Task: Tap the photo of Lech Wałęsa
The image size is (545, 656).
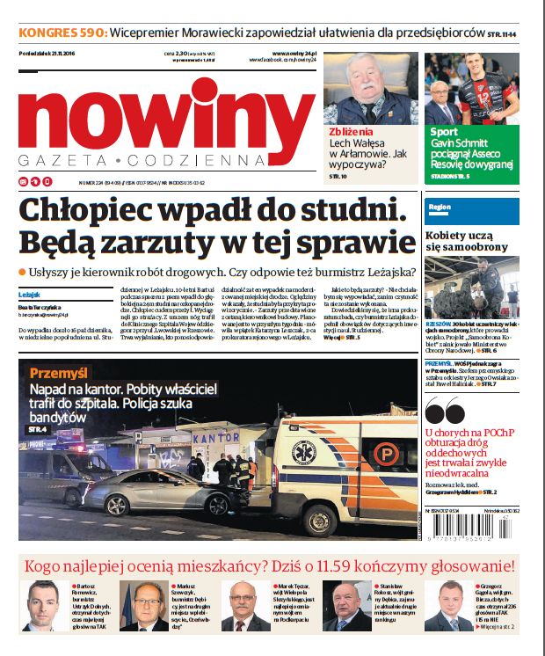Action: click(369, 87)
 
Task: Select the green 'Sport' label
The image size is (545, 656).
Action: click(445, 132)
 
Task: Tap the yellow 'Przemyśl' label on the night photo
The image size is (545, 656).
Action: click(60, 373)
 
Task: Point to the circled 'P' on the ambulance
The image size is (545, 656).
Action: click(386, 453)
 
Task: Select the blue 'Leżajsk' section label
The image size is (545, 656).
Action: click(28, 295)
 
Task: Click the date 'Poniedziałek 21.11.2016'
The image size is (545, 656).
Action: click(49, 54)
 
